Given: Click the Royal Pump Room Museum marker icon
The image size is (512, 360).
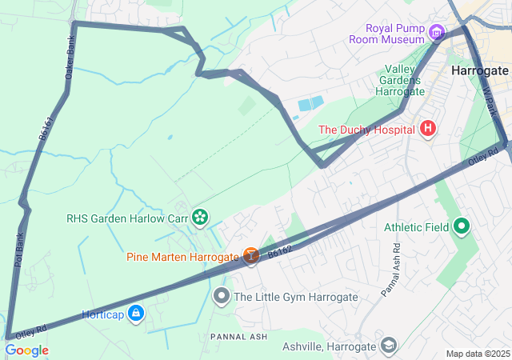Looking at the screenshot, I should pyautogui.click(x=436, y=33).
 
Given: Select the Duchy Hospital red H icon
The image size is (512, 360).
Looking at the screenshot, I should pyautogui.click(x=428, y=129).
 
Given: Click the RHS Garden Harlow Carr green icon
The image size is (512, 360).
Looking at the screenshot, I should pyautogui.click(x=199, y=217).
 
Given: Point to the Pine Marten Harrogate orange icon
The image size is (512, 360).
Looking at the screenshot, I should pyautogui.click(x=251, y=257).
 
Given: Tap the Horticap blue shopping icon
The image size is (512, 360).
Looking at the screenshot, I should pyautogui.click(x=136, y=313).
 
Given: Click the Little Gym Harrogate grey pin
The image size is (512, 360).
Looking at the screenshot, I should pyautogui.click(x=222, y=297).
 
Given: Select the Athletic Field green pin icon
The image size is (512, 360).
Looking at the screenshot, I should pyautogui.click(x=462, y=227).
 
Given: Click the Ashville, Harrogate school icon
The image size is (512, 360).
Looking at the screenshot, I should pyautogui.click(x=389, y=346).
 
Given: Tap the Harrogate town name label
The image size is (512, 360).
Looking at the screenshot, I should pyautogui.click(x=480, y=70).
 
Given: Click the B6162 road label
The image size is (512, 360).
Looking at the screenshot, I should pyautogui.click(x=279, y=252).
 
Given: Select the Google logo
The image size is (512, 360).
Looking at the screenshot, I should pyautogui.click(x=26, y=350).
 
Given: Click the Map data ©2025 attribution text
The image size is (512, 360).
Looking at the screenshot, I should pyautogui.click(x=477, y=354).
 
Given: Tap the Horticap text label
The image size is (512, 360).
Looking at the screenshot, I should pyautogui.click(x=102, y=313).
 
